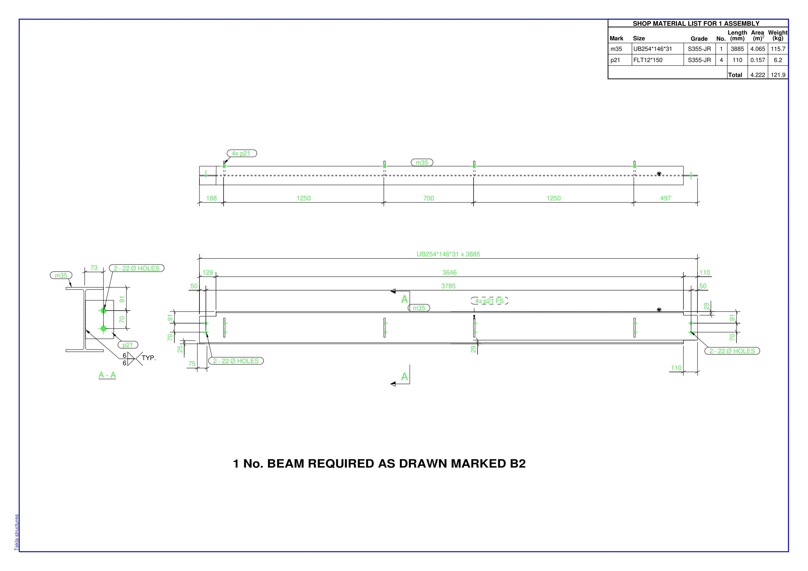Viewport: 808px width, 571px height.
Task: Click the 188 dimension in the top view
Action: [212, 198]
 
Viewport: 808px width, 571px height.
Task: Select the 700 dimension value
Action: [429, 198]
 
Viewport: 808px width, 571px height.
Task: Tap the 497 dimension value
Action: [666, 198]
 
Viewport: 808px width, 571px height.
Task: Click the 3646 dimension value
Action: [449, 273]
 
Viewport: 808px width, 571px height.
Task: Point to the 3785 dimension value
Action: [448, 287]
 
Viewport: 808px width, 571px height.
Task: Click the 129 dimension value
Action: [208, 273]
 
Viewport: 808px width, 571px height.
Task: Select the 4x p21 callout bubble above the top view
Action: [242, 153]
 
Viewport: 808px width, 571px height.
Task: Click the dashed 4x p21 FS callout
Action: [489, 301]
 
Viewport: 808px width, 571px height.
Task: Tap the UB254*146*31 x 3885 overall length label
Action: [448, 254]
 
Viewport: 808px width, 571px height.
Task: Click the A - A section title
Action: [107, 375]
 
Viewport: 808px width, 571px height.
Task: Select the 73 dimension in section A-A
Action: [94, 268]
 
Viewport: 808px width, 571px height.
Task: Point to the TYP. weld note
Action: [149, 358]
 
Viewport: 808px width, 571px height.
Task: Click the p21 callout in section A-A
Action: [128, 345]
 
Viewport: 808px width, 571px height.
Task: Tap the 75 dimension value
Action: [192, 364]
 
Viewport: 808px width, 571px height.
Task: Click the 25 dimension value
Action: [180, 349]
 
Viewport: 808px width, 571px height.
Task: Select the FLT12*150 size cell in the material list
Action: [648, 60]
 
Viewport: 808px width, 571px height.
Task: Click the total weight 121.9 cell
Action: [778, 75]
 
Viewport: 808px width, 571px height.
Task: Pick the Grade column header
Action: [699, 39]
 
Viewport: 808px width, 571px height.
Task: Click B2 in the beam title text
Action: [518, 464]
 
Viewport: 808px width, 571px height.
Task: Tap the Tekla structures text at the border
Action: [17, 533]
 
